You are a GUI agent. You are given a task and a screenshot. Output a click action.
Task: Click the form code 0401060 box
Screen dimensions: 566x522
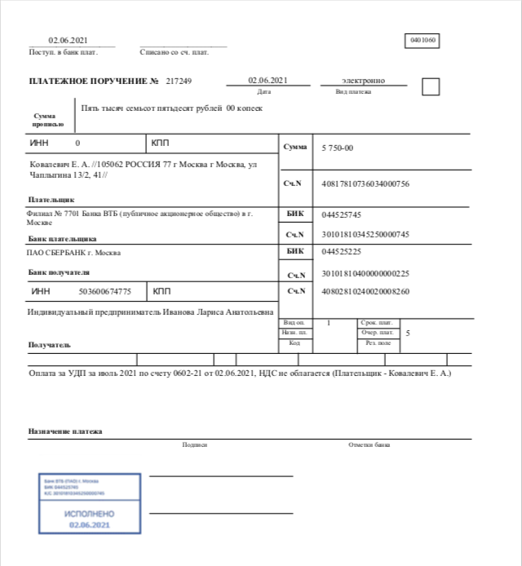tap(422, 40)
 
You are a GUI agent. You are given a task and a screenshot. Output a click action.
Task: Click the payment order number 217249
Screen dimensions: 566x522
tap(179, 82)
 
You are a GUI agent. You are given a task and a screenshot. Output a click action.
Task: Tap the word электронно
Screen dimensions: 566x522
tap(363, 81)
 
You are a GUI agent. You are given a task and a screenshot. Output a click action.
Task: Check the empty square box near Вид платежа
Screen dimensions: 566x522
tap(430, 86)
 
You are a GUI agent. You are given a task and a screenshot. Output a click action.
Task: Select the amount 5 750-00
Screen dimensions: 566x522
tap(338, 148)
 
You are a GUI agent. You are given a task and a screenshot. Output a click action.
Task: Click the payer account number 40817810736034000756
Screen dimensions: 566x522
tap(365, 184)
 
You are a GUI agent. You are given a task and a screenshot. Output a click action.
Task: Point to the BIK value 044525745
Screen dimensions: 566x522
tap(342, 214)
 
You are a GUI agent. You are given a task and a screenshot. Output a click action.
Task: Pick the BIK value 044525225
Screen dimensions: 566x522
tap(342, 252)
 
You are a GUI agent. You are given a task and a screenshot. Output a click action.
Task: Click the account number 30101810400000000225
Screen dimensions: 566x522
tap(365, 273)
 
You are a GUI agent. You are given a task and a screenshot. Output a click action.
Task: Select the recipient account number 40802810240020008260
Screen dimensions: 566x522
tap(365, 291)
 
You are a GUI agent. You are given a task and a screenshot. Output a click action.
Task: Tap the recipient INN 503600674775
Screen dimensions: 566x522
tap(104, 291)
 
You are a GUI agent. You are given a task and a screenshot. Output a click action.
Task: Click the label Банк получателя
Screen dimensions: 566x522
tap(59, 272)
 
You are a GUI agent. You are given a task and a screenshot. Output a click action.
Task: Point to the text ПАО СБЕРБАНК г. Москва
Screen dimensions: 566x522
tap(74, 252)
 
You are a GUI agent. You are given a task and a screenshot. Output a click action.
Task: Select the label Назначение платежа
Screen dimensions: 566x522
tap(65, 431)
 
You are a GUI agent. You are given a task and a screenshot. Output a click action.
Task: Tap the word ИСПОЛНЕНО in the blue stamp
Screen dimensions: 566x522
tap(89, 514)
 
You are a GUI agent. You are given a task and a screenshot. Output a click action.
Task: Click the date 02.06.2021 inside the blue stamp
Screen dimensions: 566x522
tap(89, 524)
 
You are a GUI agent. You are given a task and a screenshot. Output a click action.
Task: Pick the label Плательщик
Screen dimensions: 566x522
tap(51, 198)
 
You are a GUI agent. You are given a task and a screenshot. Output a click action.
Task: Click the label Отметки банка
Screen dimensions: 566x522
tap(369, 444)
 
